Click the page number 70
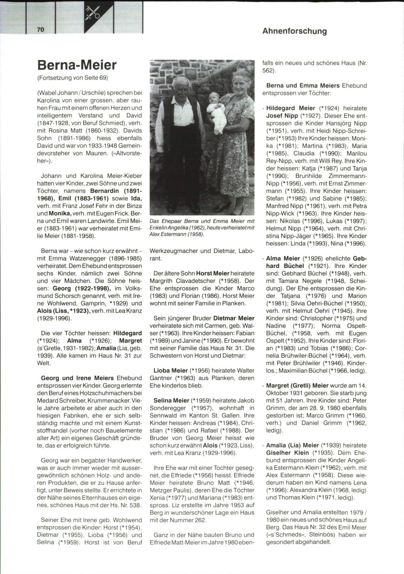[40, 30]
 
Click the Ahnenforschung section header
[294, 31]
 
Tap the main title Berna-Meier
[77, 65]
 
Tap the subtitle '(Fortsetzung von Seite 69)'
[72, 78]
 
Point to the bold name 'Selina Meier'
[171, 401]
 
